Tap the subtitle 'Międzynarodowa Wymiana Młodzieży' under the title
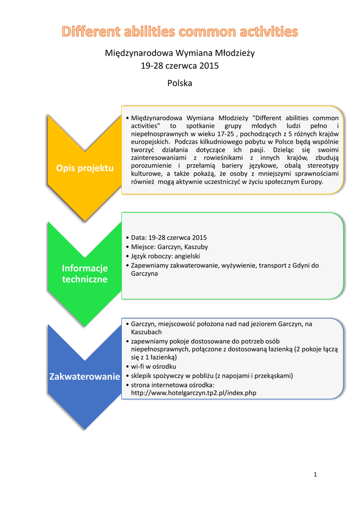180,53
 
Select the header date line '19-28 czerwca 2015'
180,65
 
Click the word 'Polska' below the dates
180,83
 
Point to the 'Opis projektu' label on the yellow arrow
84,168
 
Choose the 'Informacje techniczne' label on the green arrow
84,273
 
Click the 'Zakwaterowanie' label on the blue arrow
84,377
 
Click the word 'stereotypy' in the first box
322,166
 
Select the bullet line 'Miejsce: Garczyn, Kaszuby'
169,247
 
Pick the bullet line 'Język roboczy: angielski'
165,256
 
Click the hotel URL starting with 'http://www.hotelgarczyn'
194,393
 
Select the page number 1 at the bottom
315,475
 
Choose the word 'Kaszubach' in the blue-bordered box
146,332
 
